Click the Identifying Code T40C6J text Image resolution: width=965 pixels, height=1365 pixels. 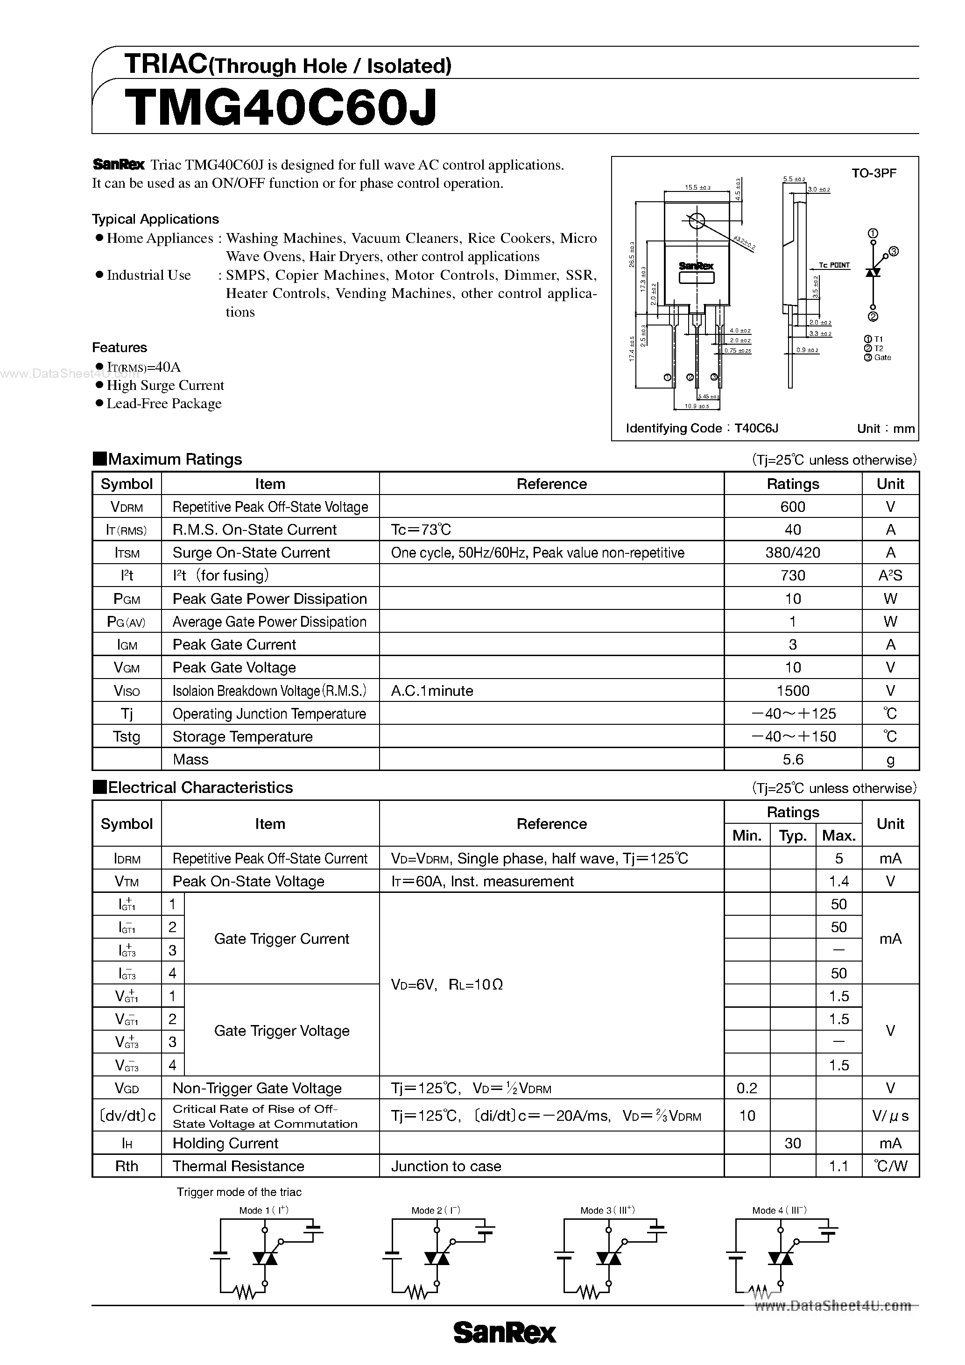click(x=702, y=428)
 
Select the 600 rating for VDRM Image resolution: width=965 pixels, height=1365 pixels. click(x=792, y=507)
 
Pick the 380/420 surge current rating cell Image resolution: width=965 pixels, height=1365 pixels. click(x=792, y=552)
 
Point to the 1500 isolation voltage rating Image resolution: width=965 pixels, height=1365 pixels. click(x=792, y=690)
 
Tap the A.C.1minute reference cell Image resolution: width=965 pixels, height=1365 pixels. click(x=432, y=691)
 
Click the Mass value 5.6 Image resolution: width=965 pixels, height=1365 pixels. click(x=792, y=759)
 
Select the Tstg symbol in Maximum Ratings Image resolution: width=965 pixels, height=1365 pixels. click(x=127, y=736)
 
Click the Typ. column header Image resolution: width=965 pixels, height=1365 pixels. click(x=792, y=835)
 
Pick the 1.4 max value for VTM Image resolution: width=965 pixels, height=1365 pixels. click(x=838, y=881)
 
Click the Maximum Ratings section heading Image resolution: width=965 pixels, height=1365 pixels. click(x=175, y=459)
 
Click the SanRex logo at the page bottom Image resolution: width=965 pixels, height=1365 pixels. click(x=505, y=1333)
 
